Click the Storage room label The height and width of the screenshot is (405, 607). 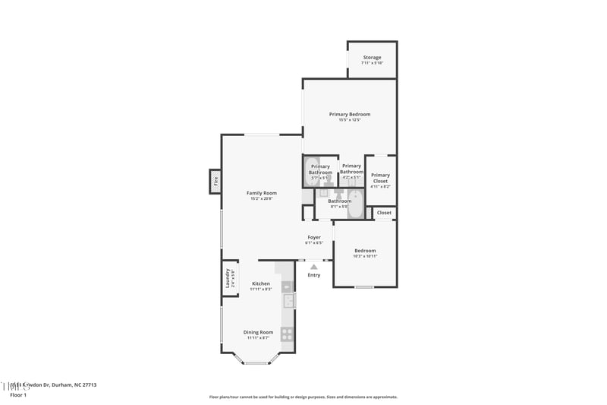point(372,57)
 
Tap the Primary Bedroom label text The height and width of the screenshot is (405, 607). point(350,114)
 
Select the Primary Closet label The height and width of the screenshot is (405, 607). point(380,178)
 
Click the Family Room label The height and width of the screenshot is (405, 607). point(261,193)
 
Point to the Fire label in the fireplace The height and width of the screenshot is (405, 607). point(215,182)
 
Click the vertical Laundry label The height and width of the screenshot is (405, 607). point(226,278)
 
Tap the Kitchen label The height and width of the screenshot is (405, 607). point(261,283)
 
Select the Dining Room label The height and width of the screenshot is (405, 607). point(258,332)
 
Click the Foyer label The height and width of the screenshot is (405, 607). point(313,237)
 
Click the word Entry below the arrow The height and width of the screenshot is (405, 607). point(313,275)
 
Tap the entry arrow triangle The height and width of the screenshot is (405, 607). point(313,266)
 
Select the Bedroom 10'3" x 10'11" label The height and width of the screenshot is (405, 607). point(365,251)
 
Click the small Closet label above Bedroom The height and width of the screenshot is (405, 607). point(384,213)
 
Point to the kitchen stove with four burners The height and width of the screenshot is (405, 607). point(287,334)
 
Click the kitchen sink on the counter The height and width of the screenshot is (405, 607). point(288,301)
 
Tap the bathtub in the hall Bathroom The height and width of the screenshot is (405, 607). point(355,206)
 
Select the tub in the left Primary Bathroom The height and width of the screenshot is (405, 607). point(313,172)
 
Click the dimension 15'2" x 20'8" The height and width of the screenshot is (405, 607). point(261,199)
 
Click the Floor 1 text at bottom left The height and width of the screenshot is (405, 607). point(17,395)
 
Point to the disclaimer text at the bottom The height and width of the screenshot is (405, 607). point(303,397)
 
